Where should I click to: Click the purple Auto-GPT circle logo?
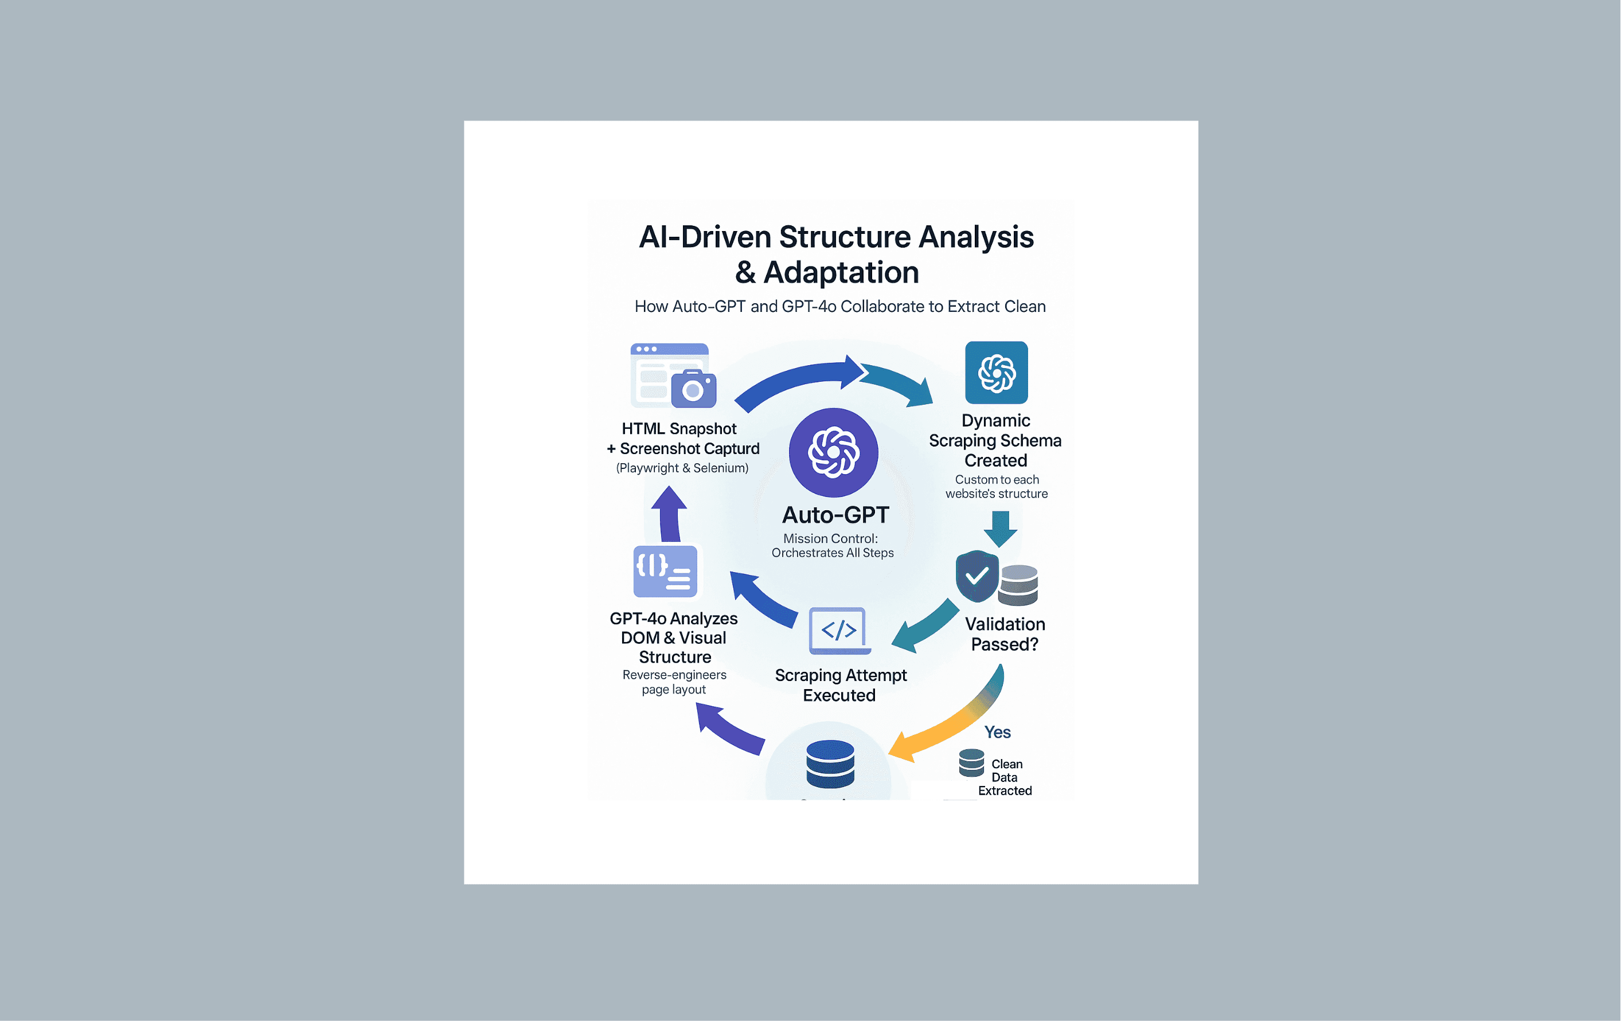833,452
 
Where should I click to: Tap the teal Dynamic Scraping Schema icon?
997,372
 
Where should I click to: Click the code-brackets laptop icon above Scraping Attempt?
839,631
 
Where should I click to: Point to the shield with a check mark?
976,576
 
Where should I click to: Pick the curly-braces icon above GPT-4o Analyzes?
665,571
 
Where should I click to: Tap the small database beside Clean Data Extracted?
971,762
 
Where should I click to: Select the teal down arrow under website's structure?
1001,529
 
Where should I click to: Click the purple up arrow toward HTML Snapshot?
669,514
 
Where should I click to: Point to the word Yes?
997,732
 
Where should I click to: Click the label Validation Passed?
1005,634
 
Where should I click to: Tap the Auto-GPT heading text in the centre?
835,515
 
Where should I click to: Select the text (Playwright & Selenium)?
682,468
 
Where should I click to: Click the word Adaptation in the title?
842,272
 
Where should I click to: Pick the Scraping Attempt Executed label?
840,684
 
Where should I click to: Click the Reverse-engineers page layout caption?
674,682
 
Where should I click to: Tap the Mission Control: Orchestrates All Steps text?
832,545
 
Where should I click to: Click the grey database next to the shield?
1018,585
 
